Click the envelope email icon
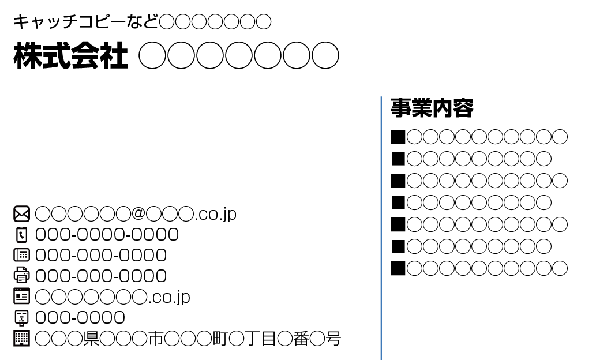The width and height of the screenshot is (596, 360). click(x=21, y=214)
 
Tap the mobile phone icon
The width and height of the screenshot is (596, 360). click(x=21, y=235)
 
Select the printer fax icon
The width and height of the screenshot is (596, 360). click(x=21, y=275)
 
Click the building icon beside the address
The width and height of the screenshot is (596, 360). click(x=21, y=338)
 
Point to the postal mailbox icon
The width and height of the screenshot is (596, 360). click(x=21, y=317)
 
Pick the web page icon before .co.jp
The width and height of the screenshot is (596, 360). click(x=21, y=297)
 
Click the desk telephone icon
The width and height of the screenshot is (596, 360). click(x=21, y=255)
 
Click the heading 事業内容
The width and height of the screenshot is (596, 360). click(x=432, y=108)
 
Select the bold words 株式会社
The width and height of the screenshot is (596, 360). click(x=70, y=56)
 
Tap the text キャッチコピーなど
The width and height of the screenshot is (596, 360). click(x=85, y=22)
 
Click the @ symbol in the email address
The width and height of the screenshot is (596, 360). click(x=138, y=213)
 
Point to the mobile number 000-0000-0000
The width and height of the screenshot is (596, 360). click(x=107, y=235)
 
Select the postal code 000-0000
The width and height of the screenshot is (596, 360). click(x=80, y=317)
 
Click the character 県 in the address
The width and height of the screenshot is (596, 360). click(x=91, y=338)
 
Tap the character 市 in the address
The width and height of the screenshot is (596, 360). click(x=156, y=338)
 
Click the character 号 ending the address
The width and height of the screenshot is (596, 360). click(x=333, y=338)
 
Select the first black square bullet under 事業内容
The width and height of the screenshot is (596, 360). click(x=398, y=137)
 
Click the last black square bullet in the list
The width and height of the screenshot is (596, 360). click(x=398, y=268)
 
